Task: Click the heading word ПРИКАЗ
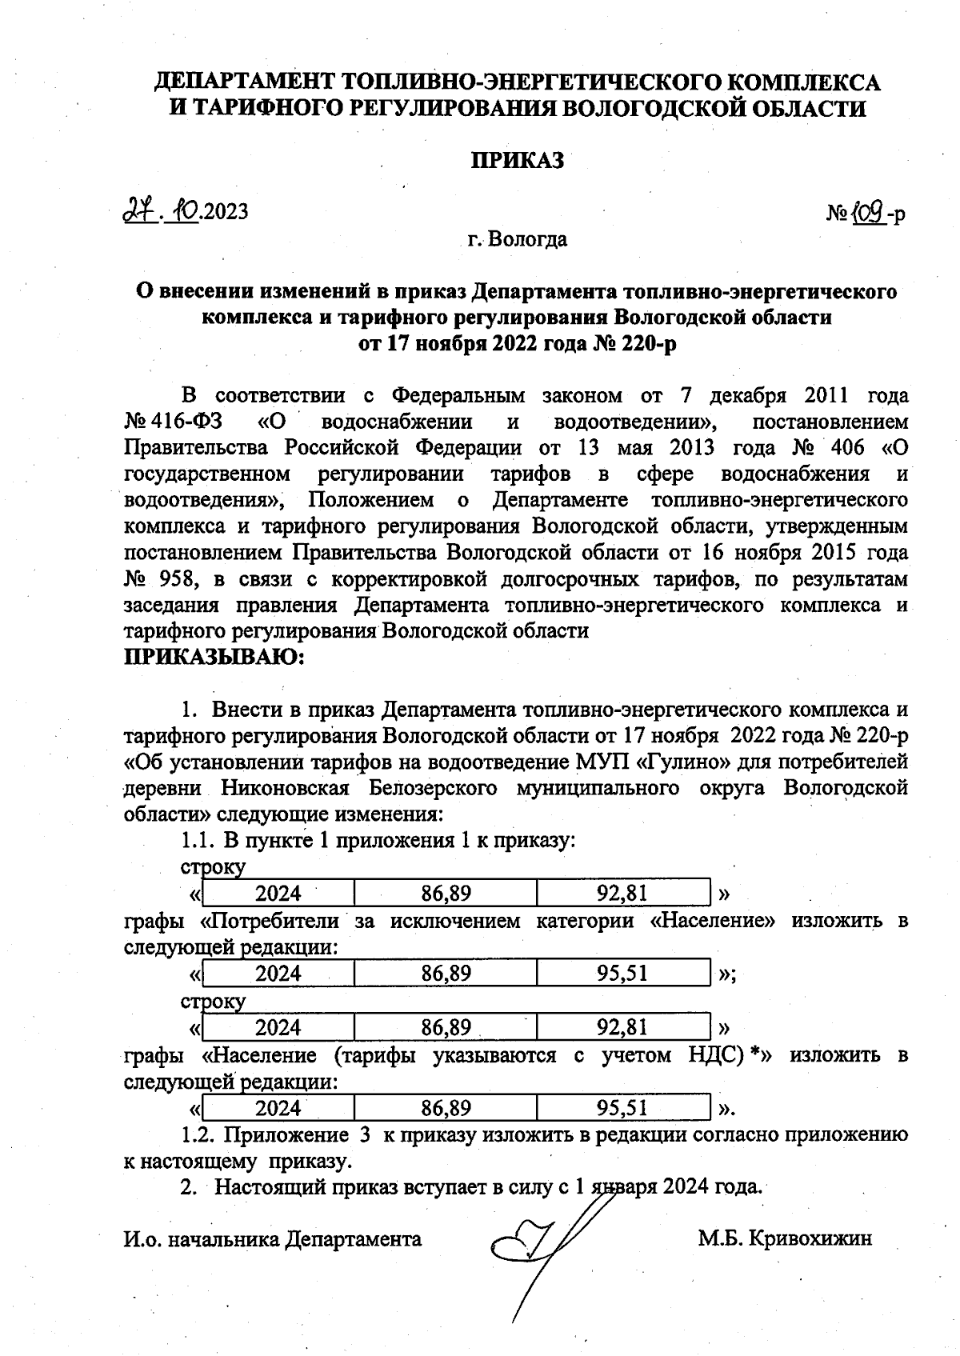click(x=516, y=160)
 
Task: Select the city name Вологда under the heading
click(x=528, y=239)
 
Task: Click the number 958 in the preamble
click(x=174, y=578)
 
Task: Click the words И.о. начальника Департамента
click(x=273, y=1239)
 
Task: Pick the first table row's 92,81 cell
click(x=622, y=893)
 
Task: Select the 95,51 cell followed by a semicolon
click(x=622, y=974)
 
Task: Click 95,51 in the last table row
click(x=622, y=1108)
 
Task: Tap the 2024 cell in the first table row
click(x=278, y=893)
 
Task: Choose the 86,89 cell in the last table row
click(x=446, y=1108)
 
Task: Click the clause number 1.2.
click(x=196, y=1135)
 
